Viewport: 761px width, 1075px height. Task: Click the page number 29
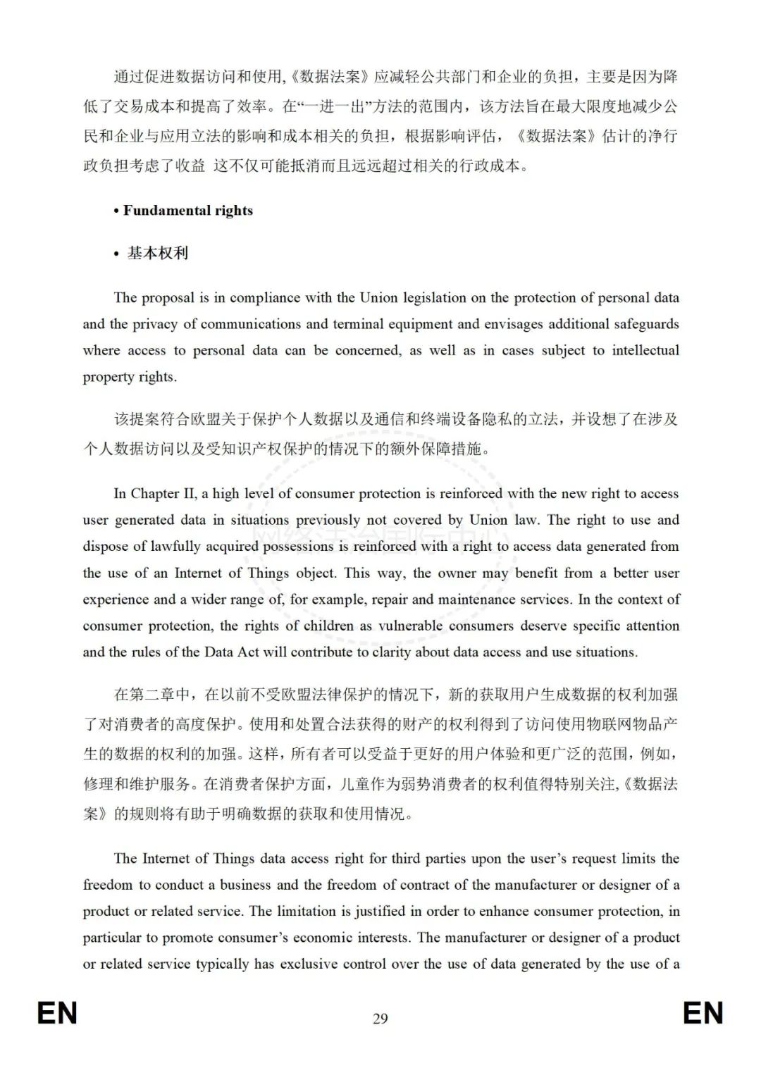pyautogui.click(x=380, y=1018)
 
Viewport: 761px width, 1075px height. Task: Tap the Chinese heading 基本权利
pyautogui.click(x=158, y=253)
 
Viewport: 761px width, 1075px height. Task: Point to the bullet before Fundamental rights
pyautogui.click(x=116, y=211)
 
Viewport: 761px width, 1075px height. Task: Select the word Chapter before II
pyautogui.click(x=154, y=493)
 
